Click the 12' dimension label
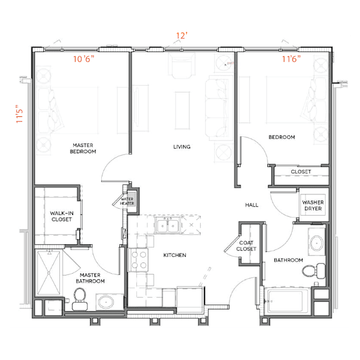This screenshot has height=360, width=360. [182, 36]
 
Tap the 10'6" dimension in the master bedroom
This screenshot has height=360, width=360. [84, 59]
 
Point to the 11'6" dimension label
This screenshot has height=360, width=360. [291, 59]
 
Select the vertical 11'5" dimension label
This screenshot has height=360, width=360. [19, 114]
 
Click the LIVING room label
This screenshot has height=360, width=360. [182, 147]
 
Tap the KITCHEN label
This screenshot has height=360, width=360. [175, 255]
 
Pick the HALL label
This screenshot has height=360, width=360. [252, 205]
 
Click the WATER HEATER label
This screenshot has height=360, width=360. [127, 201]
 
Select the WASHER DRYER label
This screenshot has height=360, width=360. [313, 206]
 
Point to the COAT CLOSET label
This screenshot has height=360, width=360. [246, 246]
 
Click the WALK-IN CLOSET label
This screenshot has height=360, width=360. [62, 216]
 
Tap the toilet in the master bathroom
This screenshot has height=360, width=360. [79, 299]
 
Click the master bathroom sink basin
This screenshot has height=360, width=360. [106, 302]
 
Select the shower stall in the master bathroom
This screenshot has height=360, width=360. [49, 272]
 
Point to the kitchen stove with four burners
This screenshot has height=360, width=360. [139, 260]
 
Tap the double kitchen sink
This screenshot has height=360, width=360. [168, 225]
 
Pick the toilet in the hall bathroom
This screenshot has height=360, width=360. [314, 271]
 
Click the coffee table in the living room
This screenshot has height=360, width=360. [182, 111]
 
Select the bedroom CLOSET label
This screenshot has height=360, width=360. [301, 172]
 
